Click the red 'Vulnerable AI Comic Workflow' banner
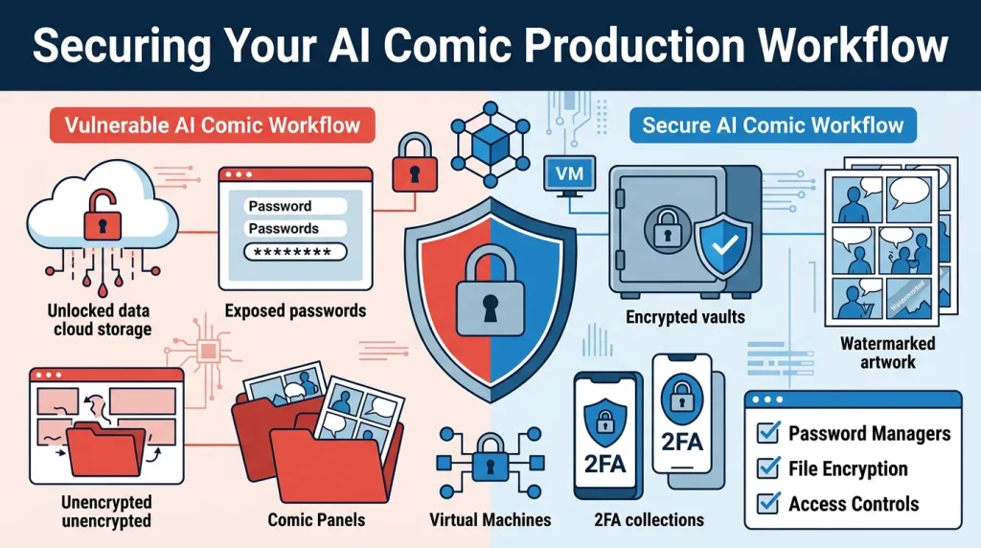pos(212,126)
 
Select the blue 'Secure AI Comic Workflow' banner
pos(773,126)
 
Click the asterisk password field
pos(295,252)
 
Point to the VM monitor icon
pos(569,175)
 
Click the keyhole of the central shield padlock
pos(490,308)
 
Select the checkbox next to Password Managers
pos(768,432)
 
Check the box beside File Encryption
pos(768,468)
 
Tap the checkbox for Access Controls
pos(768,503)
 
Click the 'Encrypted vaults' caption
pos(685,317)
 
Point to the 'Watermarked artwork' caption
pos(887,353)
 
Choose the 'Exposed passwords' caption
pos(295,311)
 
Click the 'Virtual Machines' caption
pos(490,520)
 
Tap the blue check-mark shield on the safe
pos(724,245)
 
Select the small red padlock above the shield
pos(414,163)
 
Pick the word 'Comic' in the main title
pos(445,46)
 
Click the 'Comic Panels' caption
pos(316,520)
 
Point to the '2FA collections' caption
pos(649,520)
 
